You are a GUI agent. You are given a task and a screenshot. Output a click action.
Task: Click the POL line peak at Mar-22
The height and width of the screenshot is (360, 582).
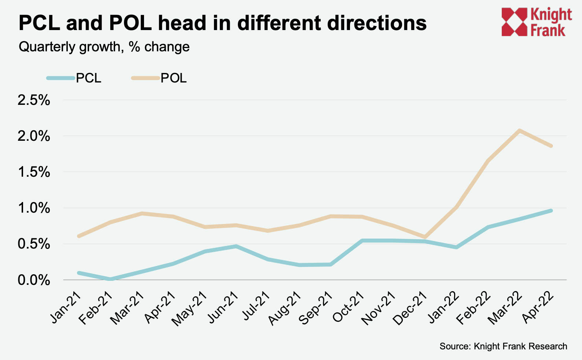[519, 131]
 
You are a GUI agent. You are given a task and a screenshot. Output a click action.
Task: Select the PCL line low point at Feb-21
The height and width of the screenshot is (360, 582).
[110, 279]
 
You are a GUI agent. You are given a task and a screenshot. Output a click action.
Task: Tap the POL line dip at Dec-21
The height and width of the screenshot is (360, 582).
[425, 237]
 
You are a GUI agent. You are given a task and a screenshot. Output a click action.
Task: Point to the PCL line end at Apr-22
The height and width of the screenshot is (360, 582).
[551, 210]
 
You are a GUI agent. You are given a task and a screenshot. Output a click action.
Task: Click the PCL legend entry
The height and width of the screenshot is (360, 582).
[75, 78]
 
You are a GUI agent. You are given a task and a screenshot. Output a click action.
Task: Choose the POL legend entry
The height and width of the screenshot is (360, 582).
[159, 78]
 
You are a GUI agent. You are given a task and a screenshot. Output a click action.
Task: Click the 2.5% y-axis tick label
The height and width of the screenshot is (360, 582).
[34, 100]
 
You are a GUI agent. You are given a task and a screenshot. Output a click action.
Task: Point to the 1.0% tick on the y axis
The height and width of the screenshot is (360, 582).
[34, 208]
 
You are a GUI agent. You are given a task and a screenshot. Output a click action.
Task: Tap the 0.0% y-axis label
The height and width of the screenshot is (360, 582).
[34, 280]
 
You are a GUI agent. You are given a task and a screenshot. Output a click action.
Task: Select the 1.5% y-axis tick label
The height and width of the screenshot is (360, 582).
[34, 172]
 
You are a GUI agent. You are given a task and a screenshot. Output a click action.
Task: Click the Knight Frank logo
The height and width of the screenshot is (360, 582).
[537, 22]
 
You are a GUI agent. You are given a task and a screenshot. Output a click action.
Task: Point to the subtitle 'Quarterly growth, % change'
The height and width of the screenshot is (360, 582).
[104, 47]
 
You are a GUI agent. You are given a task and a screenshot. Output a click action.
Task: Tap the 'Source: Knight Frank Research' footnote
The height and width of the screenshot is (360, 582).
[503, 346]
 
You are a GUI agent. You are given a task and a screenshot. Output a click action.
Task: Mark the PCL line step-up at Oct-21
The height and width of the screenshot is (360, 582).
[362, 241]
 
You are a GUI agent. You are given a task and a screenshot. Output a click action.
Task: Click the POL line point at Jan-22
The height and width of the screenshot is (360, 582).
[456, 207]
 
